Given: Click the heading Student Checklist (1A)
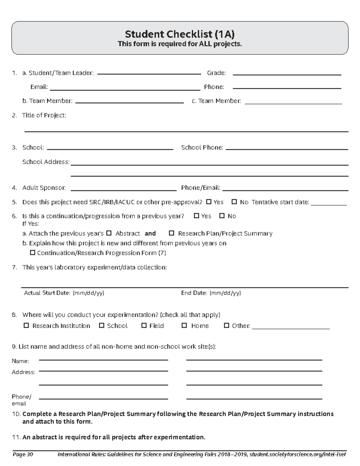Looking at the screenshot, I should coord(180,34).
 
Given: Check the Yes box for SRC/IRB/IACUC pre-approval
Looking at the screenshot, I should coord(209,202).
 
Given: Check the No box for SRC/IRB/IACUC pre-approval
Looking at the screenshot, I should coord(234,202).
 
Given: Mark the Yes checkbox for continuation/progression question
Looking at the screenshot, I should coord(196,216).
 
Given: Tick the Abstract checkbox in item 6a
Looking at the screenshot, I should coord(109,233).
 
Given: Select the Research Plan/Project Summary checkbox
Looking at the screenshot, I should coord(172,233).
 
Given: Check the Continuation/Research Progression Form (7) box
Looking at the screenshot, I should coord(33,253).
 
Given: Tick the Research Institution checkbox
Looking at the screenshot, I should coord(26,326).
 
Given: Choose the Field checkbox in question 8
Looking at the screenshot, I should coord(144,326).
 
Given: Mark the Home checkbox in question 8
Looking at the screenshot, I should coord(184,326).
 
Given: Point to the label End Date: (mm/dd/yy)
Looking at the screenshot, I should coord(211,293).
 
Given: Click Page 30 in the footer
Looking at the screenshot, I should coord(22,454).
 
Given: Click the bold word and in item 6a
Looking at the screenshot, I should coord(150,233).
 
